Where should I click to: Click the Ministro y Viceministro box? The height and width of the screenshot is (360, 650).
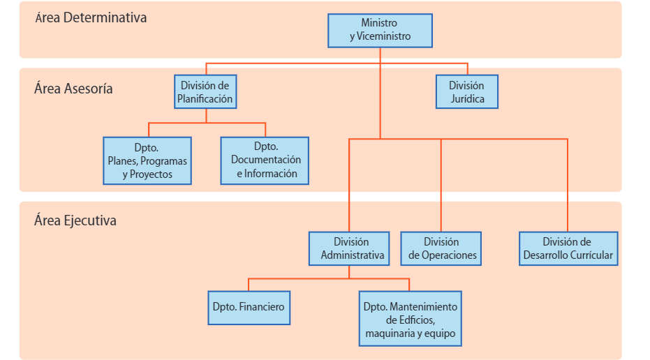pos(380,30)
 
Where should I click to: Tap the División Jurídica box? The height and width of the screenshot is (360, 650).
pos(466,92)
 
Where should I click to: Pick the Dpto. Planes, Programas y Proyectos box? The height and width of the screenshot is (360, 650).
pos(147,160)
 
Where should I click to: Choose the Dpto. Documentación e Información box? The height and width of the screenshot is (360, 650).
pos(265,160)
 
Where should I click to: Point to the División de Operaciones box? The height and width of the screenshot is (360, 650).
pos(441,248)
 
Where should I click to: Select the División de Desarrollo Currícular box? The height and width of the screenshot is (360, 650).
pos(568,248)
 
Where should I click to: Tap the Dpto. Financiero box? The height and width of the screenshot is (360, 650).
pos(249,307)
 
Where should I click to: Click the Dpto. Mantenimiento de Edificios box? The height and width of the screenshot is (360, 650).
pos(410,320)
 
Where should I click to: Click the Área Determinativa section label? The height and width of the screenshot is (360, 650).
pos(91,18)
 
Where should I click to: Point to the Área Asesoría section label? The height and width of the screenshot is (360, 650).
pos(73,89)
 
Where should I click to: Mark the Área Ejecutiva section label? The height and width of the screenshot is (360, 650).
pos(75,221)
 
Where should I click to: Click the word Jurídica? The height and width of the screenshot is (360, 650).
pos(466,99)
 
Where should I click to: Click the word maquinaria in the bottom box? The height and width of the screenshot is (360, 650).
pos(389,333)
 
